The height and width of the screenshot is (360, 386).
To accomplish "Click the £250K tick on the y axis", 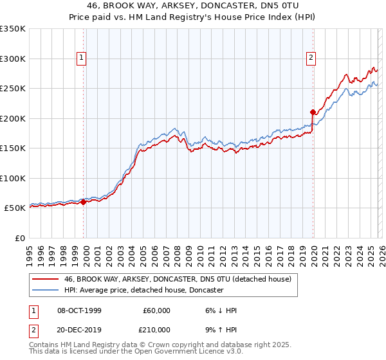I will (13, 88).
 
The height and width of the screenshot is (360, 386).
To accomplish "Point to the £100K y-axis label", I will (13, 178).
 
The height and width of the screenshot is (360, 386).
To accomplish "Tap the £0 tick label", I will (19, 238).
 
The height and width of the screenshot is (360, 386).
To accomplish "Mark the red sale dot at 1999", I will (84, 202).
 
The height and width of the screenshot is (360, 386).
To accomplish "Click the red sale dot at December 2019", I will (313, 113).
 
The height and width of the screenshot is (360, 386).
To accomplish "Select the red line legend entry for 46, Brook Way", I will (178, 279).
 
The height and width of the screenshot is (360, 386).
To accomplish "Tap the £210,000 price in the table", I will (156, 330).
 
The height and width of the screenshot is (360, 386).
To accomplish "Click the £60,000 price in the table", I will (156, 310).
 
